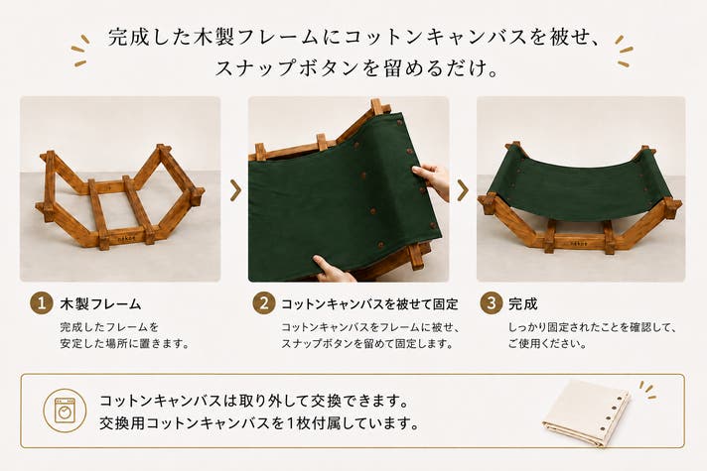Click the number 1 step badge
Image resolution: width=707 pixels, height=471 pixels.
click(x=42, y=303)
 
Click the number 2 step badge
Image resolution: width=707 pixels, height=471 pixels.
click(x=264, y=303)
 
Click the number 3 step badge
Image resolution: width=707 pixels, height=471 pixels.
click(x=491, y=303)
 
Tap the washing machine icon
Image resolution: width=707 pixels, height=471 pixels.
click(x=65, y=411)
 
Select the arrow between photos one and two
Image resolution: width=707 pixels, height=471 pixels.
click(x=235, y=190)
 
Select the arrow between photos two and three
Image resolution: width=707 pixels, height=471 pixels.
click(x=463, y=190)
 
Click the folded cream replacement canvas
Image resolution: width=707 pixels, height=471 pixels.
click(x=586, y=412)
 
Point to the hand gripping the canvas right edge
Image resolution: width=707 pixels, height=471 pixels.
click(x=432, y=179)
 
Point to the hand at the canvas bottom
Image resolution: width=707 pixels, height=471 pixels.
click(x=333, y=270)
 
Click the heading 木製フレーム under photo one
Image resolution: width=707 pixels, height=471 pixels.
click(x=100, y=304)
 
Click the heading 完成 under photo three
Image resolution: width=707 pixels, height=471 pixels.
click(x=523, y=304)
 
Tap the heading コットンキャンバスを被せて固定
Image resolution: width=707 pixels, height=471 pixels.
click(x=369, y=304)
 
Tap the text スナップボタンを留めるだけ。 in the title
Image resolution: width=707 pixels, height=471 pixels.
click(x=357, y=68)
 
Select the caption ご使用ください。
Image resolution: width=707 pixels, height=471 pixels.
click(x=547, y=343)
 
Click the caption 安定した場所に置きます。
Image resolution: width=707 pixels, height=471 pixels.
click(x=124, y=343)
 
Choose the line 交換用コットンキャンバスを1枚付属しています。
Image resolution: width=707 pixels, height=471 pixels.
click(x=259, y=423)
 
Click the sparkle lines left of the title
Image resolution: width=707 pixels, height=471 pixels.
click(x=80, y=51)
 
